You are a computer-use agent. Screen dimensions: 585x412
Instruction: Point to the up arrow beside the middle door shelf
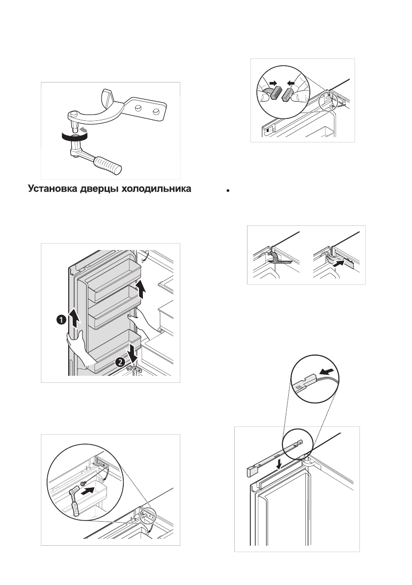click(x=141, y=289)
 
